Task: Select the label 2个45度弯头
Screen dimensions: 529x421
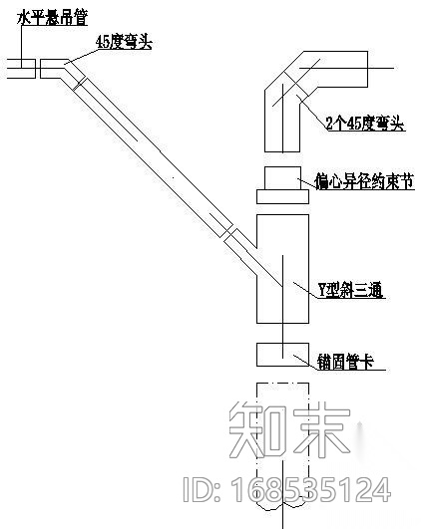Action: coord(365,124)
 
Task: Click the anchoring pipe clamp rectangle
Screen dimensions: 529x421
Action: coord(282,355)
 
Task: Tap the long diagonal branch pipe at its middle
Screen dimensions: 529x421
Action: coord(150,159)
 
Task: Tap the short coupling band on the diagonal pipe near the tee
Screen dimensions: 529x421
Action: coord(231,239)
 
